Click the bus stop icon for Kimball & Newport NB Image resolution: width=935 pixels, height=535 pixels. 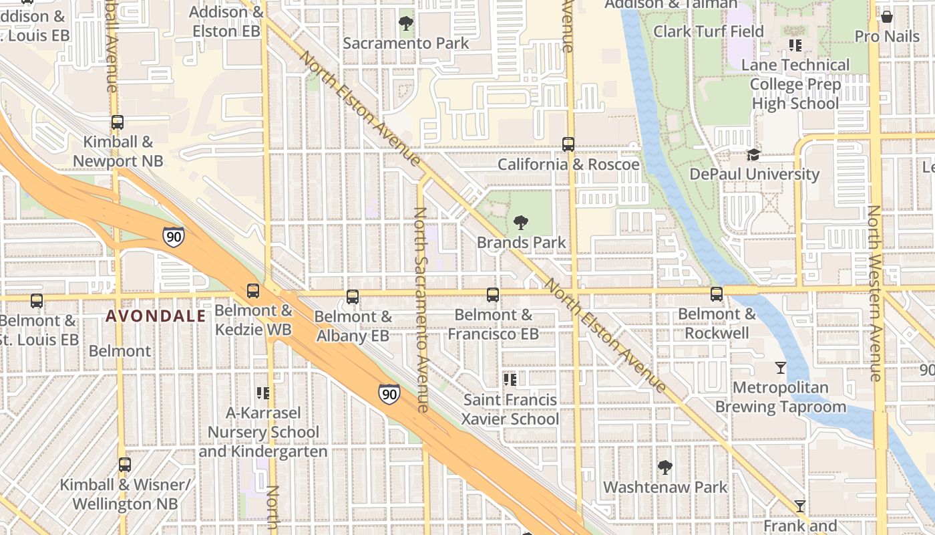(118, 122)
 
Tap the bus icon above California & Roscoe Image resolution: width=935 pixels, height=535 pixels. (568, 144)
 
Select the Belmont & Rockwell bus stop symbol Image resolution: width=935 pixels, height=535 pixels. (717, 294)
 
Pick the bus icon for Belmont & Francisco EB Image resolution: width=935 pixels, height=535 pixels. (493, 294)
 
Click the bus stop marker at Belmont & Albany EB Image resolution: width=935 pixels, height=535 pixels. (353, 296)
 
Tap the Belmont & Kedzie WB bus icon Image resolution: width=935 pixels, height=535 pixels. (253, 290)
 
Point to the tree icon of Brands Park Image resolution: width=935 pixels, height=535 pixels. (521, 222)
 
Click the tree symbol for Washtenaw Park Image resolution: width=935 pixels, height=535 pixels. (665, 467)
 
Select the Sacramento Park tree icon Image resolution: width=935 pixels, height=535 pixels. (405, 23)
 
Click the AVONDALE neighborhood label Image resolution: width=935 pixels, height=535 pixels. (156, 316)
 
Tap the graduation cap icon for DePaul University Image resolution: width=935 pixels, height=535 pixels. (753, 154)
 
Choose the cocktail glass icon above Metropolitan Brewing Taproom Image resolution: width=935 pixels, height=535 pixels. (780, 367)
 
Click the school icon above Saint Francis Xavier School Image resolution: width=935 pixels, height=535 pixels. (511, 380)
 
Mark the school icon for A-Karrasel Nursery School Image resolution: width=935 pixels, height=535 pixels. (263, 393)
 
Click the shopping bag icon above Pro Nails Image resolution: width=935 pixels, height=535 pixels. (887, 16)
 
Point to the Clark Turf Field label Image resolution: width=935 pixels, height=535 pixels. (708, 31)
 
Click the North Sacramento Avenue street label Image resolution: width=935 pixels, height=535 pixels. (421, 309)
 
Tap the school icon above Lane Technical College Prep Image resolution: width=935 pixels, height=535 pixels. (795, 45)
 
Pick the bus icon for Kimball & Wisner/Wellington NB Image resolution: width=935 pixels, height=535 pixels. (125, 464)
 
